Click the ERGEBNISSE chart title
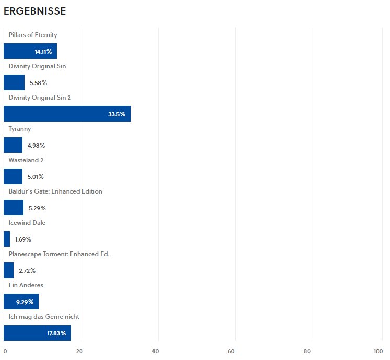pyautogui.click(x=34, y=11)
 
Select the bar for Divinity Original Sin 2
pyautogui.click(x=67, y=114)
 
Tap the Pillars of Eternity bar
pyautogui.click(x=30, y=51)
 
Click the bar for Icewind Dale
pyautogui.click(x=7, y=239)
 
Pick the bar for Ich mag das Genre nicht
pyautogui.click(x=37, y=333)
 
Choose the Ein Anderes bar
pyautogui.click(x=21, y=302)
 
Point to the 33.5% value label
pyautogui.click(x=116, y=114)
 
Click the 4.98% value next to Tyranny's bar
pyautogui.click(x=36, y=146)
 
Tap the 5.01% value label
pyautogui.click(x=36, y=177)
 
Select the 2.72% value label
pyautogui.click(x=27, y=271)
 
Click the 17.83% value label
pyautogui.click(x=55, y=333)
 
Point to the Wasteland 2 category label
pyautogui.click(x=26, y=160)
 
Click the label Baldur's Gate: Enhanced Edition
pyautogui.click(x=55, y=191)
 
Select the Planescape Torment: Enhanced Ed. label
pyautogui.click(x=59, y=254)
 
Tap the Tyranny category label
pyautogui.click(x=20, y=129)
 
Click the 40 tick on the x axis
pyautogui.click(x=155, y=351)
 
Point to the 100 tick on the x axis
pyautogui.click(x=379, y=351)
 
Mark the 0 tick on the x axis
pyautogui.click(x=5, y=351)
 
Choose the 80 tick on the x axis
pyautogui.click(x=308, y=351)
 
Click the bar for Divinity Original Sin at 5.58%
pyautogui.click(x=14, y=82)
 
